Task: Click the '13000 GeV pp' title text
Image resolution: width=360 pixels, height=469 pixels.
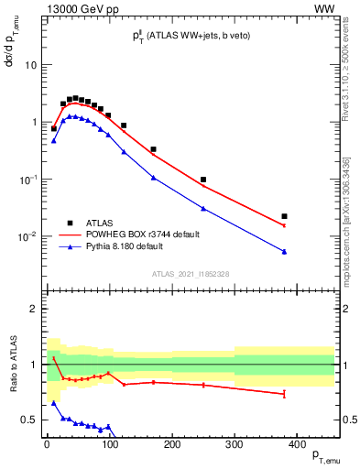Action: (x=83, y=8)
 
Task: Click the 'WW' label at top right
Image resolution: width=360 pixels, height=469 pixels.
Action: (x=324, y=8)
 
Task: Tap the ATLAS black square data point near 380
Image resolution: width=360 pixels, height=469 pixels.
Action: (x=285, y=216)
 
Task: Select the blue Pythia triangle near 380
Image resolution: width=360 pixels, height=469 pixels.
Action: (x=285, y=251)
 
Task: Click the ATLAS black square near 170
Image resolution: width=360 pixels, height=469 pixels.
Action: (x=153, y=149)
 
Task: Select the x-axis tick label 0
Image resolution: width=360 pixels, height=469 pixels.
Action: (x=47, y=443)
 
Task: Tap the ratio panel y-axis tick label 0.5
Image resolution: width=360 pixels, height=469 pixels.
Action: (x=30, y=420)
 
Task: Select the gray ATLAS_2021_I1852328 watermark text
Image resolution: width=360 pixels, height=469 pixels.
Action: (x=190, y=274)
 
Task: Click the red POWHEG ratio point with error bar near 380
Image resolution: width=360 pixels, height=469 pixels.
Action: (x=285, y=394)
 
